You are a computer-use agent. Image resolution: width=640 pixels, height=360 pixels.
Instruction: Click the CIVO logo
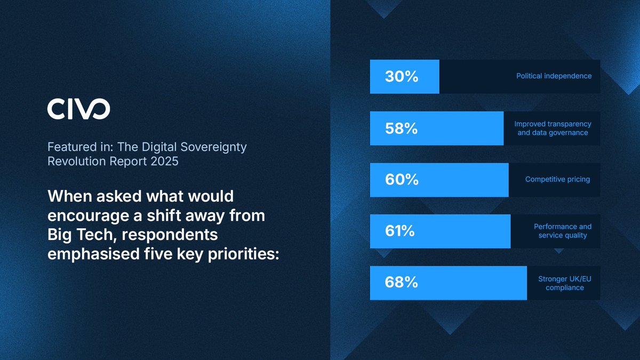pyautogui.click(x=78, y=109)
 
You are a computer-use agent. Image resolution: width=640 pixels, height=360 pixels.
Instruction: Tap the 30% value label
pyautogui.click(x=401, y=77)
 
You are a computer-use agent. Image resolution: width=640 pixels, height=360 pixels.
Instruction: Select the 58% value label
pyautogui.click(x=401, y=129)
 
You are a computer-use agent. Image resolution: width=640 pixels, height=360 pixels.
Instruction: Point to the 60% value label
pyautogui.click(x=401, y=180)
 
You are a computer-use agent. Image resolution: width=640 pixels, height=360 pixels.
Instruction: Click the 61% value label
pyautogui.click(x=401, y=231)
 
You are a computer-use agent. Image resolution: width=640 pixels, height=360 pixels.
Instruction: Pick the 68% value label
pyautogui.click(x=401, y=283)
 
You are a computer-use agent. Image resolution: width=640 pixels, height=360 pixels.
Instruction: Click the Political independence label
pyautogui.click(x=554, y=76)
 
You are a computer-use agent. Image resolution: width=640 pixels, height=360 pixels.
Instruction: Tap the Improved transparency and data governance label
pyautogui.click(x=553, y=128)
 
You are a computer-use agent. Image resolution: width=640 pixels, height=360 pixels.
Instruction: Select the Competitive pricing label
pyautogui.click(x=557, y=180)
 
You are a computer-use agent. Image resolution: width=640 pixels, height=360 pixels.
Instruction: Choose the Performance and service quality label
pyautogui.click(x=563, y=231)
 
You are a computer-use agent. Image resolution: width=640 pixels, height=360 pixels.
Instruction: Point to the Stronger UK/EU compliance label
pyautogui.click(x=564, y=283)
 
